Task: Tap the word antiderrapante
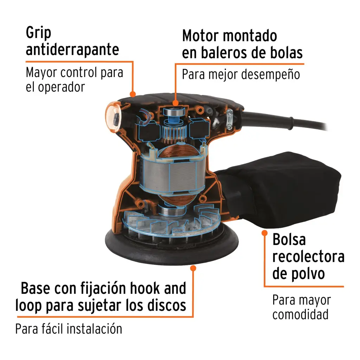[x=72, y=50]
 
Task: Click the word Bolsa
[x=289, y=240]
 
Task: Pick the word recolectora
[x=308, y=257]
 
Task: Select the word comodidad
[x=301, y=314]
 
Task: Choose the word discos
[x=165, y=306]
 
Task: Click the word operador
[x=62, y=87]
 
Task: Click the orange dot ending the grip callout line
[x=133, y=94]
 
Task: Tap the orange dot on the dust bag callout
[x=264, y=233]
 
